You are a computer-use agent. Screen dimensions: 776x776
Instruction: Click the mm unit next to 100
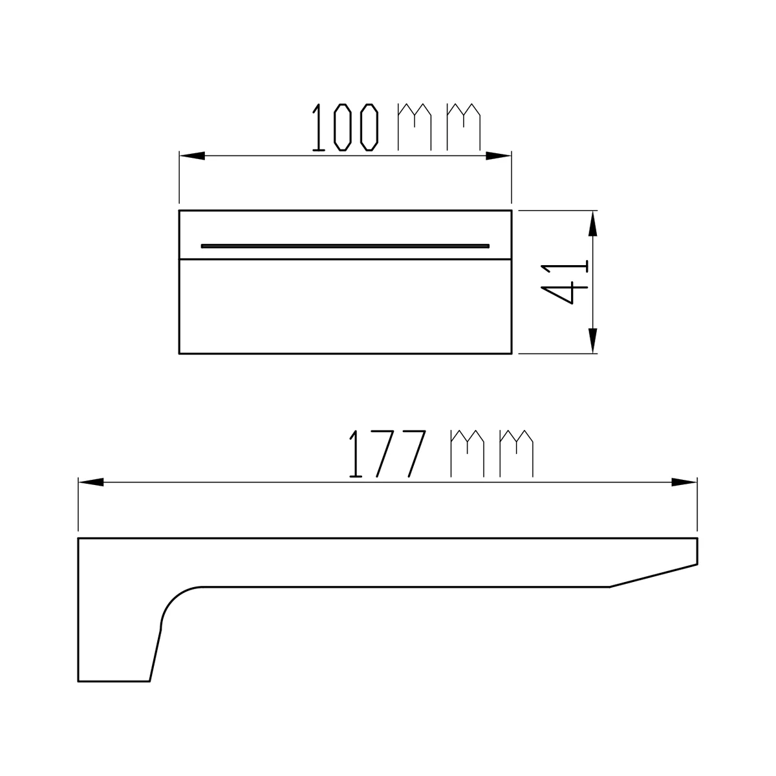440,126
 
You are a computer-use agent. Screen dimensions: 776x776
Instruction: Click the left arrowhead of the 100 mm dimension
191,156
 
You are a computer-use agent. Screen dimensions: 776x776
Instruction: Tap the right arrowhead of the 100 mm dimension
499,156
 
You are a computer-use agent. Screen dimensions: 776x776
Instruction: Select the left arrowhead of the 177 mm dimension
91,482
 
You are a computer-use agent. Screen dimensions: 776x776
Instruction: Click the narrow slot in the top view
345,246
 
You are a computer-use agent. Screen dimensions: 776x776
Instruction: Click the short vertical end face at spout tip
697,551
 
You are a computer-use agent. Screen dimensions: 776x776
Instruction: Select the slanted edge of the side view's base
155,653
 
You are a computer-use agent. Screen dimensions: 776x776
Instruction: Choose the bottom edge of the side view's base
114,681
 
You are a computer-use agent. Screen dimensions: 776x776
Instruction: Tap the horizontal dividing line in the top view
345,260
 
